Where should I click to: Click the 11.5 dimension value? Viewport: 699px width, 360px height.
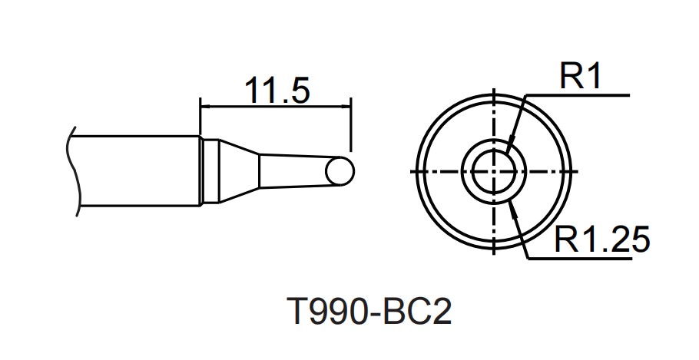(x=277, y=90)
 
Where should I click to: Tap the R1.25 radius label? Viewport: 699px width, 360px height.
(x=601, y=240)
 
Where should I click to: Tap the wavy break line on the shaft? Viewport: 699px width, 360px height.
(x=74, y=170)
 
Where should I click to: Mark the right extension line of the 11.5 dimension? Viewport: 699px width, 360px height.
(x=351, y=123)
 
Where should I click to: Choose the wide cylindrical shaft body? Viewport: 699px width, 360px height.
(x=138, y=170)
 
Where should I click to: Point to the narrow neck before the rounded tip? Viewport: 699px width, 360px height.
(x=292, y=171)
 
